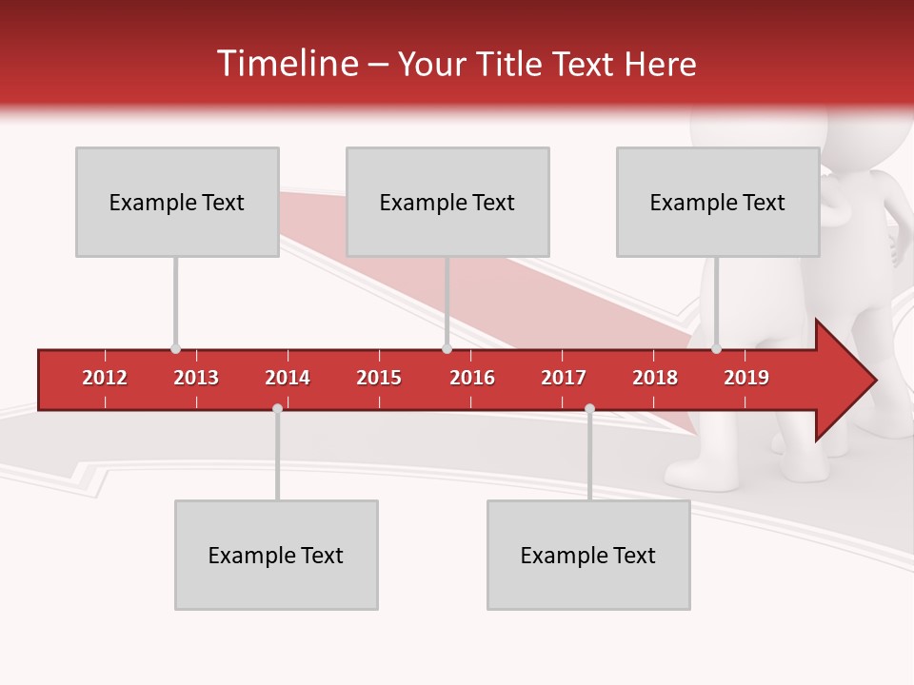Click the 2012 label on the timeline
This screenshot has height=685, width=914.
(105, 378)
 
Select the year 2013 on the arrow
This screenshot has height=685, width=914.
(196, 378)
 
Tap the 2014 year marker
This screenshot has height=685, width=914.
(288, 378)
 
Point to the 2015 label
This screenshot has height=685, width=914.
(379, 378)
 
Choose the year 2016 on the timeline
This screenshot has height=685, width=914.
(472, 378)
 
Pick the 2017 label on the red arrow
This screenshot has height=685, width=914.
(564, 378)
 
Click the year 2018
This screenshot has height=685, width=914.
(655, 378)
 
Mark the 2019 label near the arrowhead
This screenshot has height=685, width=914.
(746, 378)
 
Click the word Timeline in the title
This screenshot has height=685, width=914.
(287, 64)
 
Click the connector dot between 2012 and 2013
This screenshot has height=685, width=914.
(175, 349)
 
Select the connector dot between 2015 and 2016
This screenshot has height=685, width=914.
(447, 349)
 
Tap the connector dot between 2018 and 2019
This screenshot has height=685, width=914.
(717, 349)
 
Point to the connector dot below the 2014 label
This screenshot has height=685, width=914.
(277, 409)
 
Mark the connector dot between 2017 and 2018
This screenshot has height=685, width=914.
(589, 409)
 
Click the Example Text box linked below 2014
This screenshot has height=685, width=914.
(276, 555)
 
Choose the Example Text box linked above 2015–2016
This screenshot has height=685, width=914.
(447, 202)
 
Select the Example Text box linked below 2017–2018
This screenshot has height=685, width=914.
(588, 555)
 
